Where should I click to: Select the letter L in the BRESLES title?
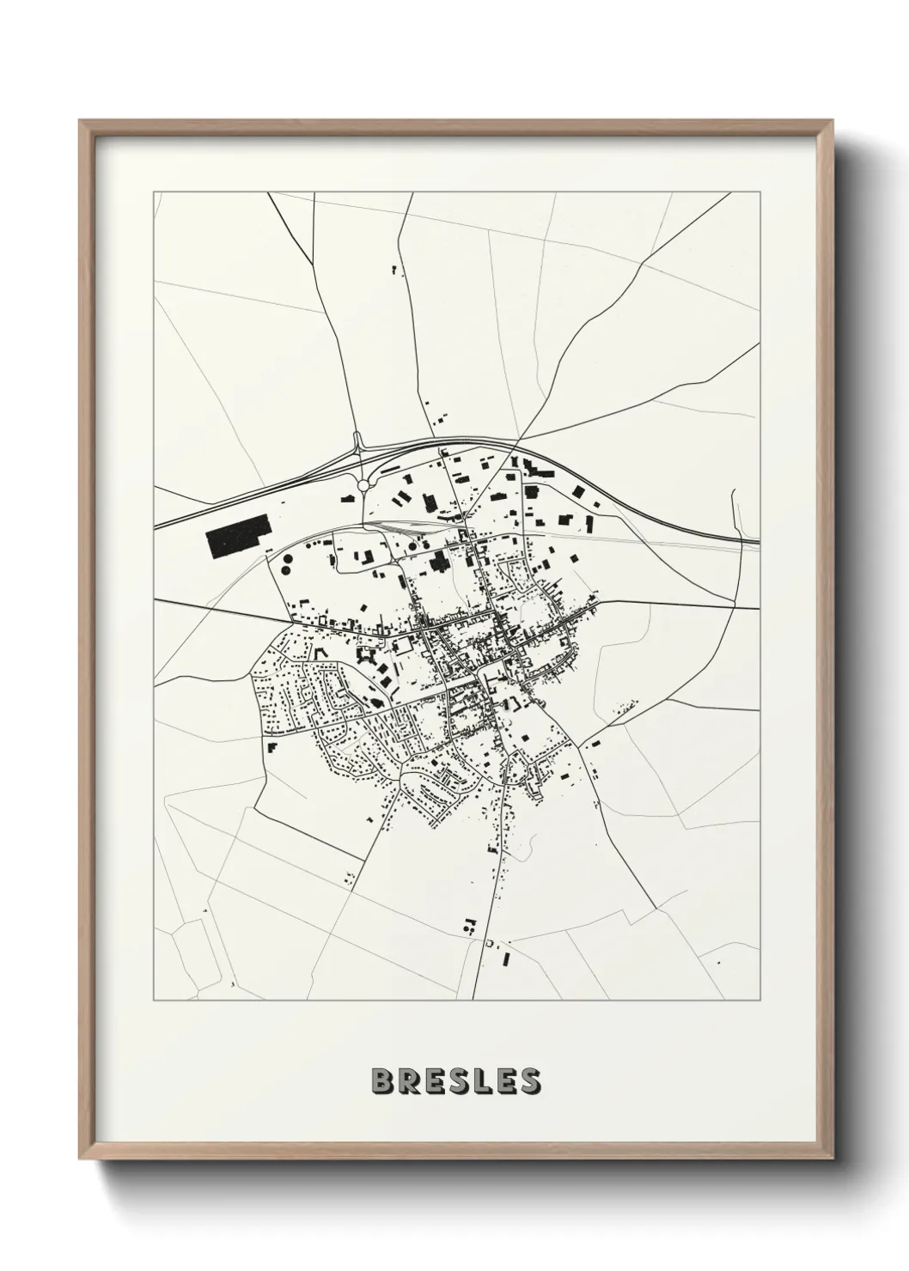[x=482, y=1080]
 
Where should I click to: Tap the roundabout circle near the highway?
[x=363, y=485]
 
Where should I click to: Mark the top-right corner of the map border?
[x=761, y=192]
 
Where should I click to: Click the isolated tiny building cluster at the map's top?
[x=395, y=271]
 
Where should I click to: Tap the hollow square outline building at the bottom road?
[x=490, y=944]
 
